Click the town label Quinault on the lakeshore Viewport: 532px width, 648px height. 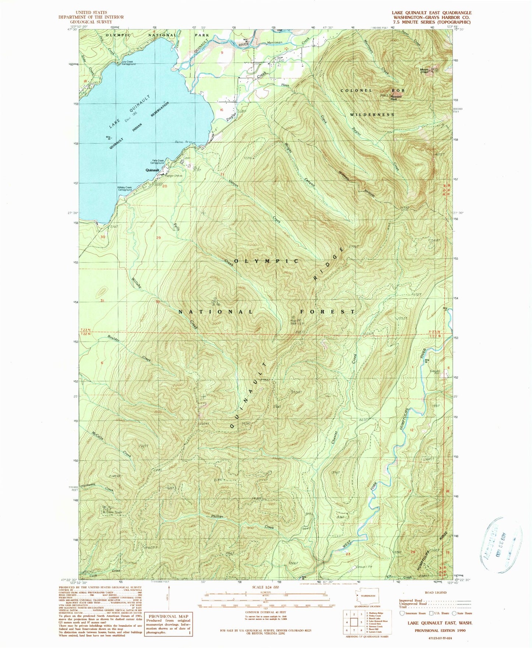pos(152,170)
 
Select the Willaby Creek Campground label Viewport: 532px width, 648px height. pos(124,189)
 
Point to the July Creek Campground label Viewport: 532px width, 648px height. pos(127,63)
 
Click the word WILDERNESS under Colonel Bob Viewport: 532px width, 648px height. pos(372,115)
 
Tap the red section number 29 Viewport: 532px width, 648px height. pos(159,238)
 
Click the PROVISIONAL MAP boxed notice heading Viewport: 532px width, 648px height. pos(169,616)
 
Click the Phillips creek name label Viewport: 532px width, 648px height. pos(217,516)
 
